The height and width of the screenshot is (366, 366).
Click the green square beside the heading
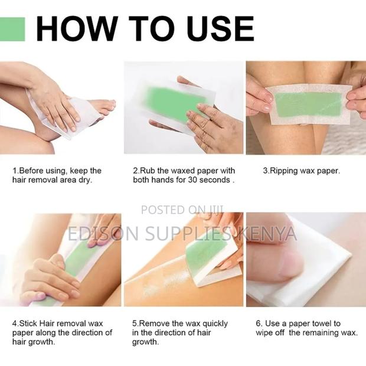point(12,29)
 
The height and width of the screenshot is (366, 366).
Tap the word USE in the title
point(215,29)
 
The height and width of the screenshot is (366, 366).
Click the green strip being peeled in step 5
point(204,251)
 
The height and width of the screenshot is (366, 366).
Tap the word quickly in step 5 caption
point(218,323)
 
